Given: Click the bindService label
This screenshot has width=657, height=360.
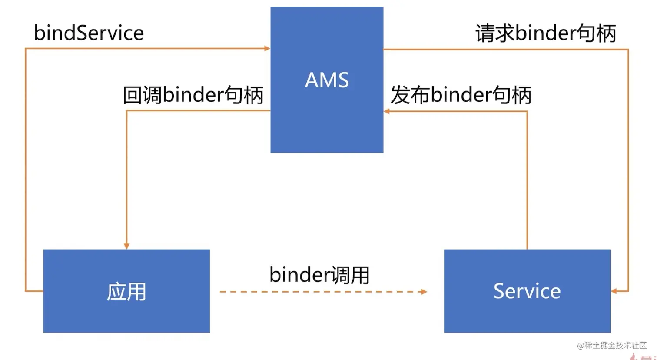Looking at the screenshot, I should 89,33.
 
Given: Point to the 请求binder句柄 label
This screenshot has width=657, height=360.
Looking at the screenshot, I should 546,33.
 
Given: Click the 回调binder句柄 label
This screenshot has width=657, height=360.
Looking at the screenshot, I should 193,95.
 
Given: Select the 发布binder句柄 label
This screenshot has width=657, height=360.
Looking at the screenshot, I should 461,95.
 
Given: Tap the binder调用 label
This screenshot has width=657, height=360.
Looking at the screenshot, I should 319,275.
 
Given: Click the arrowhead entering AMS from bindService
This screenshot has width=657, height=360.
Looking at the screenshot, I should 267,49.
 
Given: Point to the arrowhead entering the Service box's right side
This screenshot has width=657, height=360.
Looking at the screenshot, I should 614,291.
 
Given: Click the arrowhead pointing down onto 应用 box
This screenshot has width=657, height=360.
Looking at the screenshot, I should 126,246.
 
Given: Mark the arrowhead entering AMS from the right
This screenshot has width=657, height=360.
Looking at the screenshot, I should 387,111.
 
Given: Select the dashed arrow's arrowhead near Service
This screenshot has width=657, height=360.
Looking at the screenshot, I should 424,291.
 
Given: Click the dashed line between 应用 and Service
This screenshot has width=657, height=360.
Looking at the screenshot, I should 322,291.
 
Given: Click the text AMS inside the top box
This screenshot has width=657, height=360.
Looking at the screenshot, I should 327,80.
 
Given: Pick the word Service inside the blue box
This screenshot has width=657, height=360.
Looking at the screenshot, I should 527,291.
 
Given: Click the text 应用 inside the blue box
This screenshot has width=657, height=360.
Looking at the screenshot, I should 126,292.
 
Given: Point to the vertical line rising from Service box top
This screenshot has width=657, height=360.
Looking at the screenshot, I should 527,183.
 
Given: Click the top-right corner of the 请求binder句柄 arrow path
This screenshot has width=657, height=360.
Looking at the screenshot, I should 628,50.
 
